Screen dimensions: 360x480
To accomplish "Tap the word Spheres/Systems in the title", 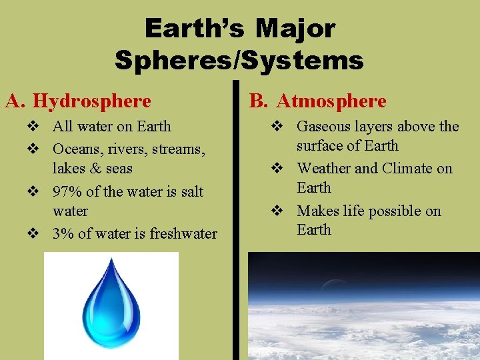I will coord(239,61).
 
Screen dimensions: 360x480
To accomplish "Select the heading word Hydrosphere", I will coord(92,101).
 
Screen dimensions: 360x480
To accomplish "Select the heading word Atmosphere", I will coord(331,101).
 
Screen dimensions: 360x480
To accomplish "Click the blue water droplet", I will coord(111,303).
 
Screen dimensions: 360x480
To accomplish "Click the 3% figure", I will coord(63,234).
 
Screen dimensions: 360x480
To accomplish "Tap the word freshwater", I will coord(183,234).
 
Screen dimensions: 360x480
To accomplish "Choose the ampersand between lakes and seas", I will coord(93,169).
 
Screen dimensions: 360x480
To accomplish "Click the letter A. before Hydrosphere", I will coord(15,101).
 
